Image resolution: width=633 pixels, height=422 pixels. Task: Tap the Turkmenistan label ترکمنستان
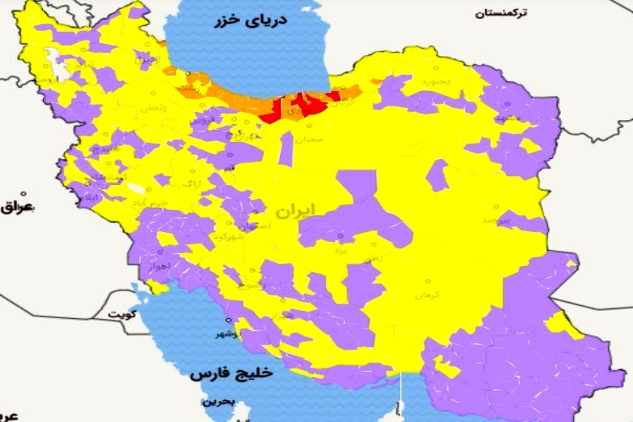coord(501,13)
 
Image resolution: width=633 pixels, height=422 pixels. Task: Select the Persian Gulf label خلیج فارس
coord(232,373)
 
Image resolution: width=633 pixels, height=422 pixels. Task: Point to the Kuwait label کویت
coord(122,314)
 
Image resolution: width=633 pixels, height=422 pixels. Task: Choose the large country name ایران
coord(295,210)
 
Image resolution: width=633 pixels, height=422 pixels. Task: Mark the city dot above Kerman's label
coord(428,282)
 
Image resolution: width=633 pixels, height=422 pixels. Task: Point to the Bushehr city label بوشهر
coord(228,334)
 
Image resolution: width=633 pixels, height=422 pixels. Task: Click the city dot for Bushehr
coord(229,320)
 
